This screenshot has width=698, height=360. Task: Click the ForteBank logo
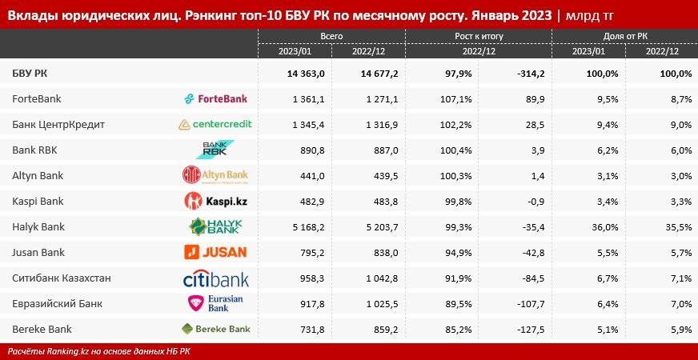(x=215, y=99)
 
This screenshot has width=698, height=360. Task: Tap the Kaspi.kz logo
(x=215, y=201)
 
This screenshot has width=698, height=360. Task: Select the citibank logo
(x=215, y=278)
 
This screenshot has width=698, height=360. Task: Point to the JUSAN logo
(x=215, y=252)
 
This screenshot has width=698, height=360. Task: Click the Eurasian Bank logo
(x=215, y=303)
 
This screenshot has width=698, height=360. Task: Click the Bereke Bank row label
(x=42, y=329)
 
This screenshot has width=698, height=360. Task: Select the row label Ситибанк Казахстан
(x=62, y=278)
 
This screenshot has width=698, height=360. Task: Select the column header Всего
(x=332, y=37)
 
